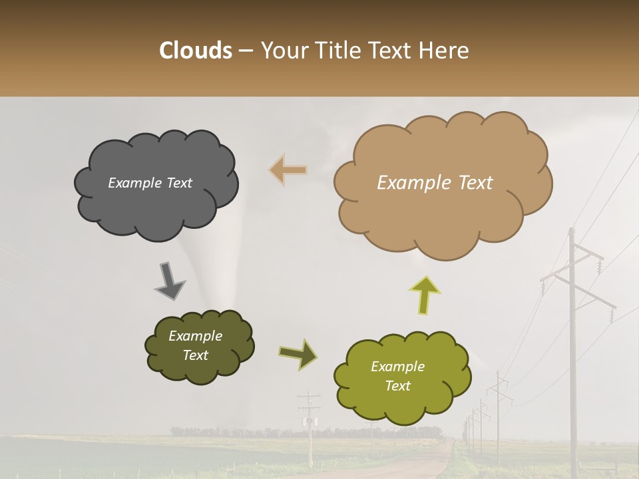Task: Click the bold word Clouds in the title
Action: point(196,51)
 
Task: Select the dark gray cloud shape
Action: point(156,200)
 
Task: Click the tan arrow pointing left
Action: point(288,170)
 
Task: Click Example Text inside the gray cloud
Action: point(150,183)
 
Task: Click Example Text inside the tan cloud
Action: point(435,183)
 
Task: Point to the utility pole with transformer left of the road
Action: point(309,426)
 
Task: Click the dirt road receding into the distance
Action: point(419,462)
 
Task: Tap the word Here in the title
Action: point(445,51)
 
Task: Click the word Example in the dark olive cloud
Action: point(195,336)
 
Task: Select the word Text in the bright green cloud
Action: point(397,386)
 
